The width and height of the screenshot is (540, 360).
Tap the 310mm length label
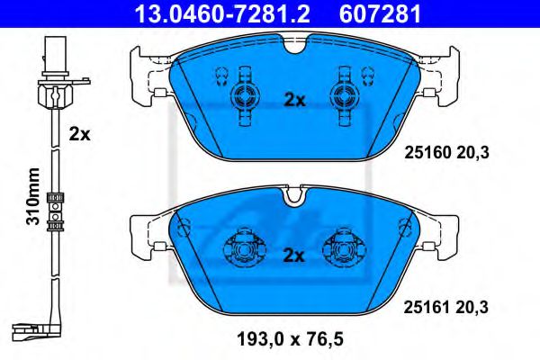33,196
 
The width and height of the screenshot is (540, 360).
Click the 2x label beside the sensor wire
80,135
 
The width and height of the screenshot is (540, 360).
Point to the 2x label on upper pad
294,101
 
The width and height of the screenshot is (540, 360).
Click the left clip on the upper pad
242,96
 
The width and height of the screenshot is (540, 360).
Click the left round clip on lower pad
242,244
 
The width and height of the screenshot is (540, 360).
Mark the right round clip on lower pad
345,244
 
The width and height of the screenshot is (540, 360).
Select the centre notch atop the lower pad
293,193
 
